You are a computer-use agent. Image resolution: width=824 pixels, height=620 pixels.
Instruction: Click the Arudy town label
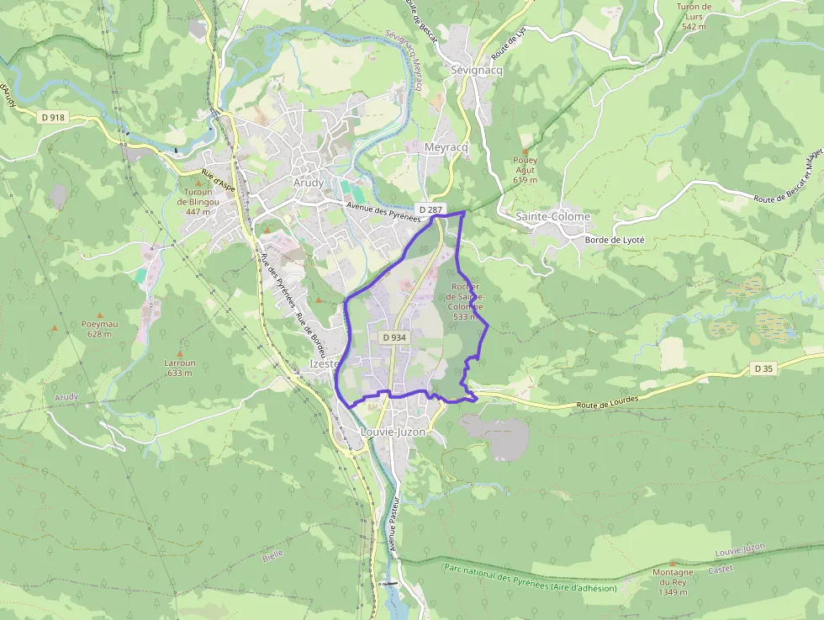pos(308,183)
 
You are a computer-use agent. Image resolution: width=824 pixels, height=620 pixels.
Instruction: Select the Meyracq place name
pos(446,146)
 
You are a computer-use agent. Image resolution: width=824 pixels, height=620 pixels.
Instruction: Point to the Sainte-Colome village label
pos(552,217)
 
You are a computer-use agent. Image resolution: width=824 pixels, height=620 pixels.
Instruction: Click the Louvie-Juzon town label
pos(392,432)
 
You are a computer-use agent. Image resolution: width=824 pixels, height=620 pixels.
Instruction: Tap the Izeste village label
pos(323,364)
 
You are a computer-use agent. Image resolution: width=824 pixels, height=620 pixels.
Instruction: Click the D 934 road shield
pos(394,337)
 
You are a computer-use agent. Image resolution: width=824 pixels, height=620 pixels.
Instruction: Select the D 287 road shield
pos(430,209)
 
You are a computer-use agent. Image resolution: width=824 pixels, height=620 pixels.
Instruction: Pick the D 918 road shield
pos(52,118)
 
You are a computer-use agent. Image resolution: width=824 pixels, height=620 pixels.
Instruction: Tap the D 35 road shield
pos(763,368)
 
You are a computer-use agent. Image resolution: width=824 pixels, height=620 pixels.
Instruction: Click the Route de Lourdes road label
pos(607,403)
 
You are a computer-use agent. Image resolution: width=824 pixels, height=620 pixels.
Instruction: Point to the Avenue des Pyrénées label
pos(382,212)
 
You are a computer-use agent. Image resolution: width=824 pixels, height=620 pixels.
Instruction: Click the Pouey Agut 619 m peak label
pos(525,170)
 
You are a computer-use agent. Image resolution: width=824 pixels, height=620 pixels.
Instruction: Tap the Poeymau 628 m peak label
pos(99,329)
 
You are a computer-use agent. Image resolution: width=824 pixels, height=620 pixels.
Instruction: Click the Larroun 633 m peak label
pos(180,368)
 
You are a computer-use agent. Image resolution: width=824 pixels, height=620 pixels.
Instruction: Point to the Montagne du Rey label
pos(673,582)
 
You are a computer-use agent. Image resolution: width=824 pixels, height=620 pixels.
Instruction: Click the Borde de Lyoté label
pos(614,240)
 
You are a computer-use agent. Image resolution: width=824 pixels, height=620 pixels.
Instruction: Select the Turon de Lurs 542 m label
pos(694,16)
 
